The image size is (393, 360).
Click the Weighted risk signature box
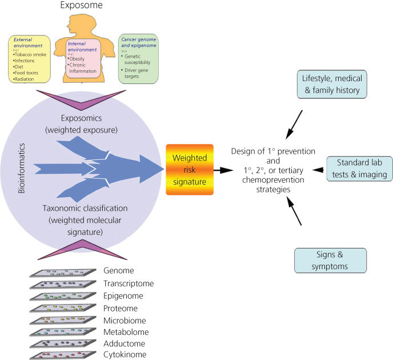pyautogui.click(x=189, y=169)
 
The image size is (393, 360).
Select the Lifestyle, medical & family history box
pyautogui.click(x=331, y=84)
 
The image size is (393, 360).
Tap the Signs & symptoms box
pyautogui.click(x=330, y=260)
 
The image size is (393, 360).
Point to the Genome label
pyautogui.click(x=119, y=270)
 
